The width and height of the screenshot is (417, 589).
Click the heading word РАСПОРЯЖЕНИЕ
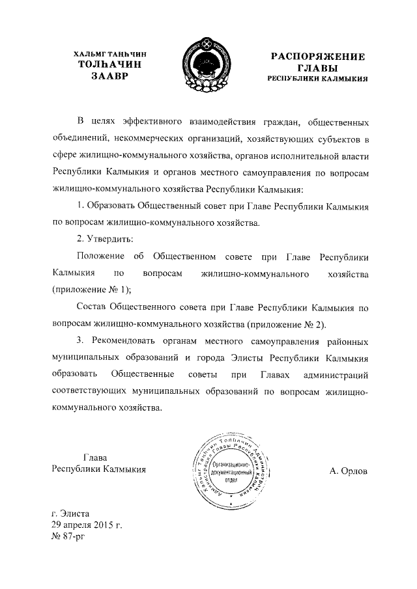318,56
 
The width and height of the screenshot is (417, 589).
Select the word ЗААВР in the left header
108,76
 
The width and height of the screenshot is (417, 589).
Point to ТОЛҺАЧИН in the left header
108,65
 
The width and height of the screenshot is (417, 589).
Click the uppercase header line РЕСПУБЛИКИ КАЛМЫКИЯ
318,78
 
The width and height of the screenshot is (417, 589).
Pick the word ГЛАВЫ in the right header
318,67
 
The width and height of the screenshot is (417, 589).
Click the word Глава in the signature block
95,457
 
